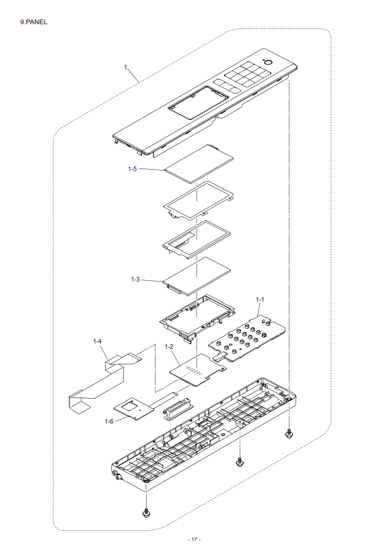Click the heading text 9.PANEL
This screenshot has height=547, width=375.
(34, 22)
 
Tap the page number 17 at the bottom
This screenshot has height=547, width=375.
(194, 540)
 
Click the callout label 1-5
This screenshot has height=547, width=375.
(133, 169)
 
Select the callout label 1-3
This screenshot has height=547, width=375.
(135, 280)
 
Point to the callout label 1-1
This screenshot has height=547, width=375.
(260, 299)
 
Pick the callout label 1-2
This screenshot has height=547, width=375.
(169, 346)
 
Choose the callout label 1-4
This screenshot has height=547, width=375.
(97, 341)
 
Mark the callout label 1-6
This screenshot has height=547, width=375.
(109, 422)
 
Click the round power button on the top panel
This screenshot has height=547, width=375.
(268, 63)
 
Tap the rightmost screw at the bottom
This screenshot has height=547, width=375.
(289, 434)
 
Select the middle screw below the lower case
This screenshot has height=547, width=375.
(239, 462)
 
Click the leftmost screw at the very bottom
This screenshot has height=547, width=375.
(146, 512)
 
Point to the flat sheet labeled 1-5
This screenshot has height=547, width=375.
(199, 164)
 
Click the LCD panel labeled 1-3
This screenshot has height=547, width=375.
(197, 276)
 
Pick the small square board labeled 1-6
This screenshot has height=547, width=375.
(134, 408)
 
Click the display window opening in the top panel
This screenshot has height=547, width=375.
(199, 103)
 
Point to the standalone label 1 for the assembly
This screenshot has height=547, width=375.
(126, 67)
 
